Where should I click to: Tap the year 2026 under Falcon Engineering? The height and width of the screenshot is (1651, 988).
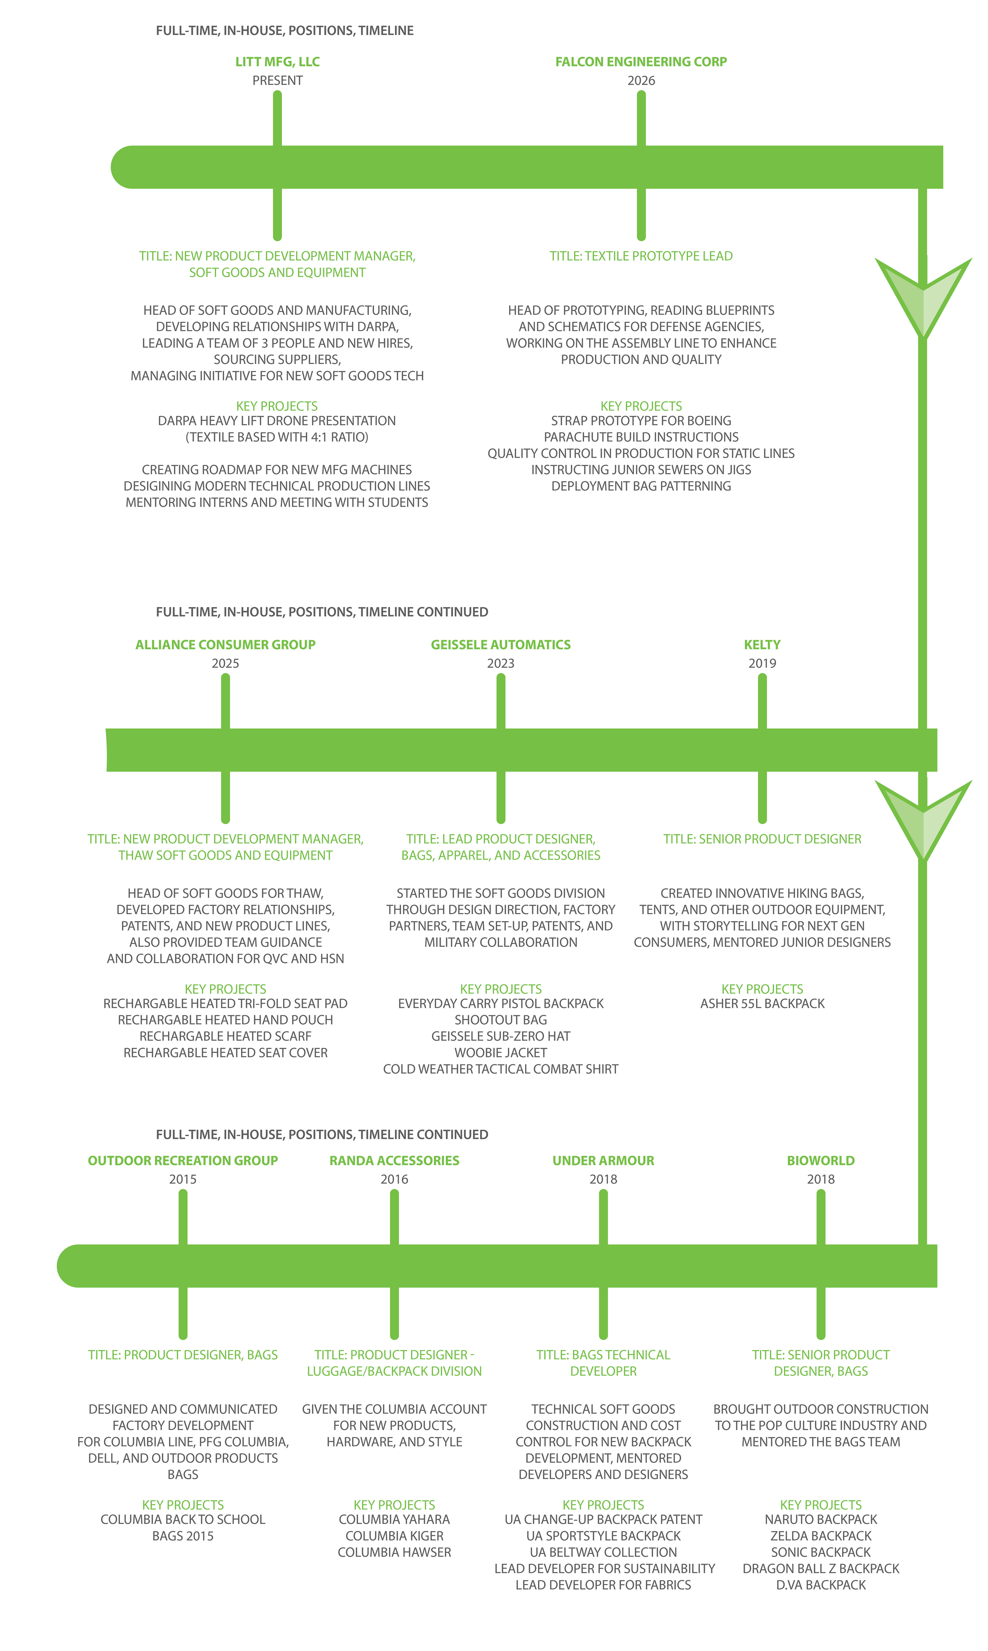(641, 81)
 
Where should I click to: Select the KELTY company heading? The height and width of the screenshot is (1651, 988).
(762, 645)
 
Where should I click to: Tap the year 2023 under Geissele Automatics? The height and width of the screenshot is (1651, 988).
(501, 663)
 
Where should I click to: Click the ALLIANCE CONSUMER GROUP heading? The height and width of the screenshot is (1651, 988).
(226, 645)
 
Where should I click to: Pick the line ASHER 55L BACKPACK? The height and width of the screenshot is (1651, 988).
(762, 1004)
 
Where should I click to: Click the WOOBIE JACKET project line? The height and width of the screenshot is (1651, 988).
(501, 1053)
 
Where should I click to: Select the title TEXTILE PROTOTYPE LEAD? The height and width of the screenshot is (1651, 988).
(641, 256)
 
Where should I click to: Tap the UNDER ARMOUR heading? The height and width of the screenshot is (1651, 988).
(603, 1161)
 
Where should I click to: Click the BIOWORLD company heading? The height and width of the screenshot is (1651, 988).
(821, 1161)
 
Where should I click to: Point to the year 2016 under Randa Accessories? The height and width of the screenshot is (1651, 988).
(394, 1179)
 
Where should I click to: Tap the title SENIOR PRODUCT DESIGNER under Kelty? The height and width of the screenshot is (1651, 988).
(762, 839)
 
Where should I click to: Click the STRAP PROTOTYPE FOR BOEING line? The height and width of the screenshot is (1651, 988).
(641, 421)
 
